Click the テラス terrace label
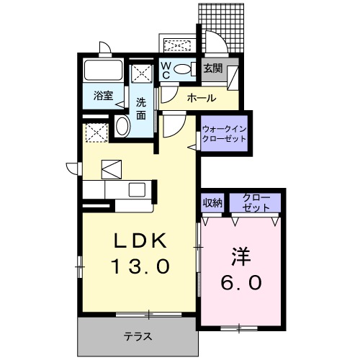137,335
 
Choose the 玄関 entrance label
212,70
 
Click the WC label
165,69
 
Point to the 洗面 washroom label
142,107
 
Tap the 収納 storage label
212,202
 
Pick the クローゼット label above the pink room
256,202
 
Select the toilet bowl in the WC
183,70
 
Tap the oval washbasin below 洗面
122,127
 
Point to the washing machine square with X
141,73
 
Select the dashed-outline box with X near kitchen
95,132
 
